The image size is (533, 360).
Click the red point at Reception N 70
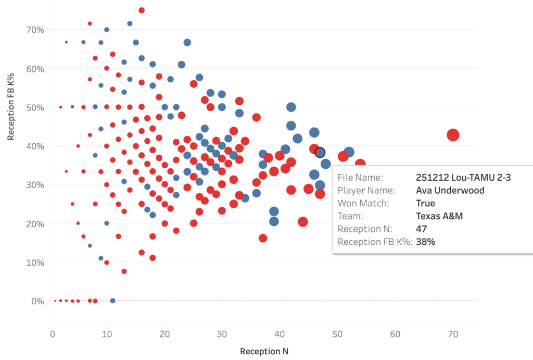click(453, 135)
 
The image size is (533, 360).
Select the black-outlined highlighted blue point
click(320, 152)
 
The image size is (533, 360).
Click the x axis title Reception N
click(264, 351)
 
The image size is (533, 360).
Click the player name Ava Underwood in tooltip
click(450, 190)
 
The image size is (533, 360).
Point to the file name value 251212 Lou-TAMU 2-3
click(463, 178)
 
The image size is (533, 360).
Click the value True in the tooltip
click(425, 203)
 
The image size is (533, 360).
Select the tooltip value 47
click(421, 229)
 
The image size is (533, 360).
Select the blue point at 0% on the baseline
click(112, 301)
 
